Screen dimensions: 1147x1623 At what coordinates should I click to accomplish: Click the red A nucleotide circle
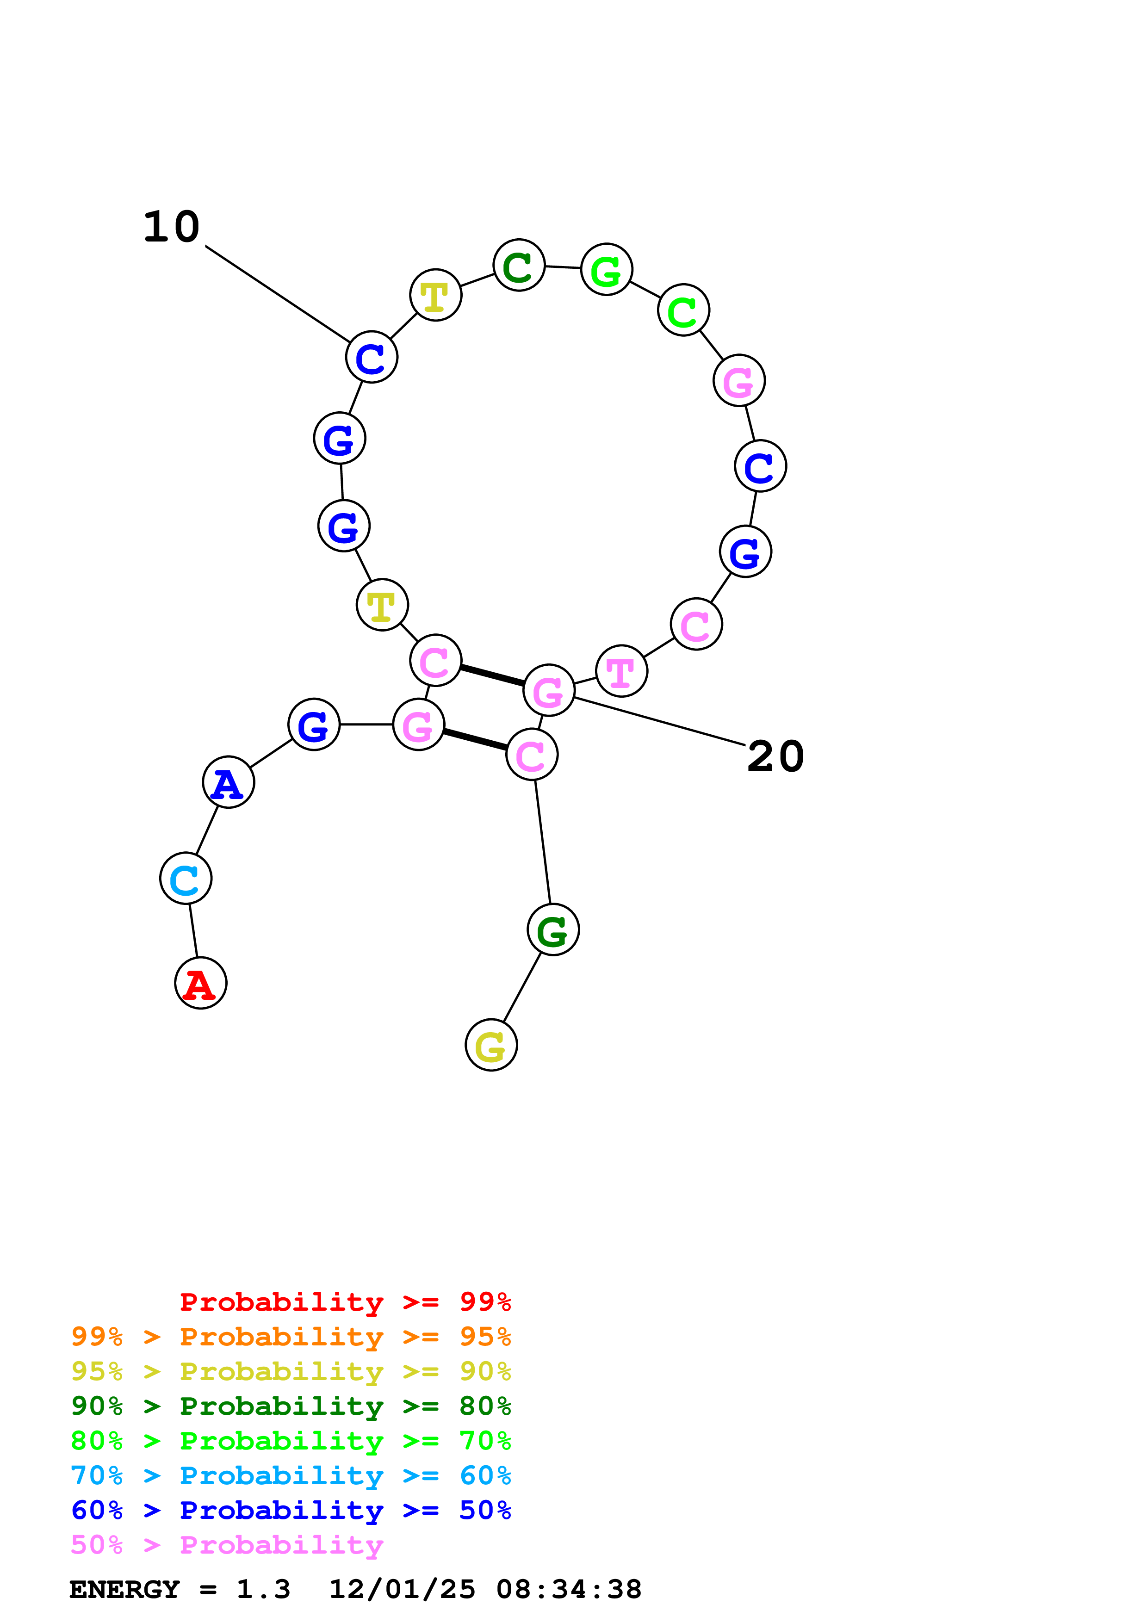(x=201, y=983)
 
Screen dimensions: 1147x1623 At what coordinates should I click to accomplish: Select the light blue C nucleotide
(x=186, y=879)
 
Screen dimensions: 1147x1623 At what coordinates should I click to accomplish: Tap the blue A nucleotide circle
(x=228, y=782)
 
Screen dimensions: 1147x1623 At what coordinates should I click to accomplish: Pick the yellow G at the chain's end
(x=491, y=1045)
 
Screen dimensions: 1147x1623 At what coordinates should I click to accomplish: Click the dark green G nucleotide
(x=553, y=929)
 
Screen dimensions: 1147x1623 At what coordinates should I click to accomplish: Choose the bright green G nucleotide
(x=607, y=269)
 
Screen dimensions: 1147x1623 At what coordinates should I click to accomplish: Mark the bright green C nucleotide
(x=683, y=310)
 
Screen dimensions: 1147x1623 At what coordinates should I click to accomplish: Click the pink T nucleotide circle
(x=621, y=671)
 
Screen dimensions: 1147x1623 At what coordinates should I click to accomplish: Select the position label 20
(x=775, y=756)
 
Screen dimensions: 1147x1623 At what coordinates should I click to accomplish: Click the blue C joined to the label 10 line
(x=372, y=357)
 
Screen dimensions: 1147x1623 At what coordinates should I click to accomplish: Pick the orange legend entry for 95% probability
(x=291, y=1337)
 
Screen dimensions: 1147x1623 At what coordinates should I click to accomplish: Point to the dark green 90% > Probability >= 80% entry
(x=291, y=1406)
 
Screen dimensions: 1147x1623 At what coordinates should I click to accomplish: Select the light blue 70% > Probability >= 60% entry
(x=291, y=1475)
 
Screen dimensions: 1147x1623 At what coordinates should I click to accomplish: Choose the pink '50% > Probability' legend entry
(x=227, y=1544)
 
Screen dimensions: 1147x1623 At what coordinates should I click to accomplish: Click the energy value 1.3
(x=263, y=1590)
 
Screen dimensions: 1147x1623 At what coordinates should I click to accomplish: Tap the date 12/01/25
(x=402, y=1590)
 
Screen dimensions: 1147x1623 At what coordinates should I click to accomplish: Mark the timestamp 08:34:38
(x=569, y=1590)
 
